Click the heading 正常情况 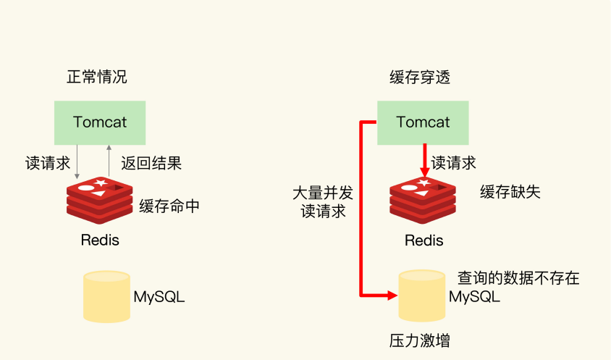96,77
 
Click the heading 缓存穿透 420,78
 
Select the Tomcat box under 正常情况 100,123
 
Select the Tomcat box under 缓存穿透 423,123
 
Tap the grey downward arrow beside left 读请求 77,162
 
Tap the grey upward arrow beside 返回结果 109,161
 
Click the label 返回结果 151,163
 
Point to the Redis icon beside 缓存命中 100,201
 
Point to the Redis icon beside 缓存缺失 423,201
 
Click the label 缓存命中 169,206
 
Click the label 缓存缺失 510,192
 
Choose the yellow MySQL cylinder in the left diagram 106,297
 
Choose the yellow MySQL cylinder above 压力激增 422,296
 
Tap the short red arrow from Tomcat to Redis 425,161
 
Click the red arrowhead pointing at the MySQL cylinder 392,296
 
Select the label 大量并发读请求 323,202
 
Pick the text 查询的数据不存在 518,278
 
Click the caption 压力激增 420,341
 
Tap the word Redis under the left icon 100,240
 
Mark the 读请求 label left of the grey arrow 48,163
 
